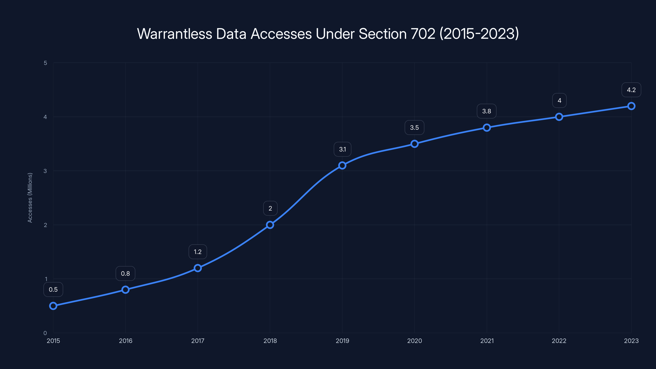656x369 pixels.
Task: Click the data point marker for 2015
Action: [53, 306]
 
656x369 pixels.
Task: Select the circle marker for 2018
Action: [270, 225]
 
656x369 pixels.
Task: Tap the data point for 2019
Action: [342, 165]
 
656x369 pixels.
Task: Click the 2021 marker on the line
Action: [487, 128]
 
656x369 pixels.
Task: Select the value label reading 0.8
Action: [125, 273]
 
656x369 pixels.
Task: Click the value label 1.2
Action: [198, 252]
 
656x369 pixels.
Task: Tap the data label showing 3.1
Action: [343, 149]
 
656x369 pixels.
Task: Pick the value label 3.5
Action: [414, 128]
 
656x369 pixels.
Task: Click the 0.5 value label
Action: [53, 289]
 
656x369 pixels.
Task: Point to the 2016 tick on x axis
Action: [125, 341]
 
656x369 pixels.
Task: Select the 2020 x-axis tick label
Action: [414, 341]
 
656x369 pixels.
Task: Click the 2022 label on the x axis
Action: [559, 341]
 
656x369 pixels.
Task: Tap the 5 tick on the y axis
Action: [45, 63]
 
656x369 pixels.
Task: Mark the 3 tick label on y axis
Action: [45, 171]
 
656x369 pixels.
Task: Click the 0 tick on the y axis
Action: [45, 333]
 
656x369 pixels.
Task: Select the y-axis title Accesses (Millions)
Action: [30, 198]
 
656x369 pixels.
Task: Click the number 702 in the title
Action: [423, 34]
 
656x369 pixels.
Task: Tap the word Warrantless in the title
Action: [174, 34]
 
